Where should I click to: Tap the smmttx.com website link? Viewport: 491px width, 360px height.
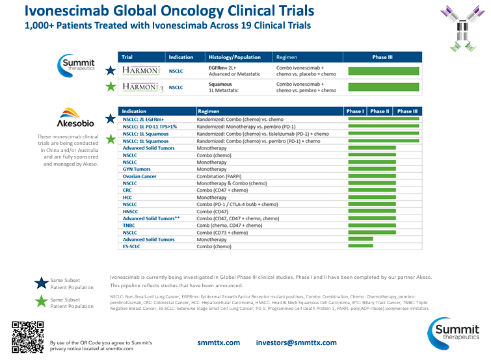point(219,342)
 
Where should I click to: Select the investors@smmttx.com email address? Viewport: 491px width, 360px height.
point(296,342)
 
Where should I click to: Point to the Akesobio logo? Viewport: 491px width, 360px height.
point(77,118)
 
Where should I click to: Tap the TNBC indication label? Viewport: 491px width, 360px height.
point(130,225)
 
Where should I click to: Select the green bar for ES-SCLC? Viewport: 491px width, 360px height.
point(361,247)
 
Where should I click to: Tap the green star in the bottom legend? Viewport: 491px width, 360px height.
point(41,301)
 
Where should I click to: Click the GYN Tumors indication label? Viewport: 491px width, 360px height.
point(137,169)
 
